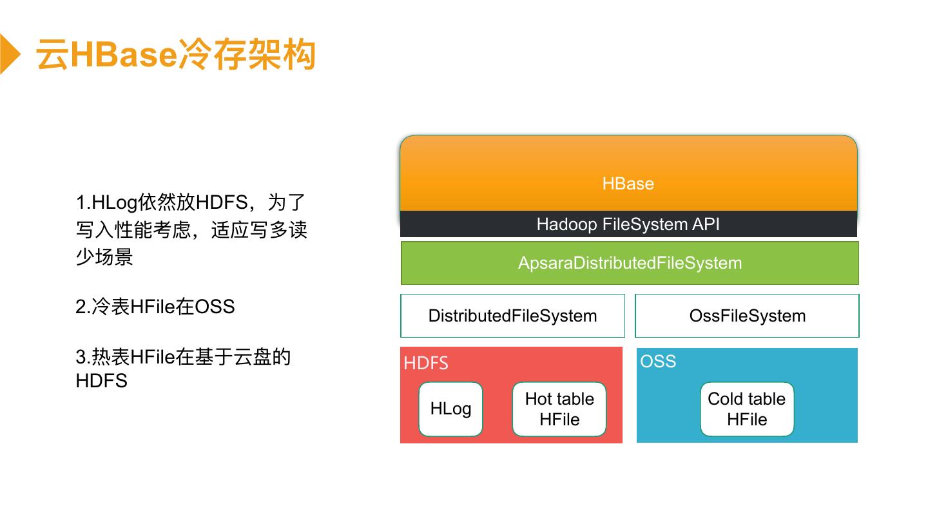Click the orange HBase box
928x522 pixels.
(x=628, y=174)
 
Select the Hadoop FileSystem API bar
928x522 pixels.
(x=628, y=224)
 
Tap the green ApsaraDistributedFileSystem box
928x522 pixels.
(x=630, y=263)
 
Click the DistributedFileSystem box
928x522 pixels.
(x=512, y=316)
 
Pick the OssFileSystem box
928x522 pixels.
(x=747, y=316)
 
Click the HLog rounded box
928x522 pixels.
(x=450, y=409)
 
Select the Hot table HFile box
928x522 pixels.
(x=559, y=409)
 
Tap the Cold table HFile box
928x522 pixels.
(x=747, y=409)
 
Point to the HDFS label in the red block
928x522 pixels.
(x=426, y=363)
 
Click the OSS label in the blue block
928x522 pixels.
(x=658, y=361)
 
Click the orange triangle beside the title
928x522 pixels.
(x=8, y=54)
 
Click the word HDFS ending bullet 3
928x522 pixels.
(x=101, y=380)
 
